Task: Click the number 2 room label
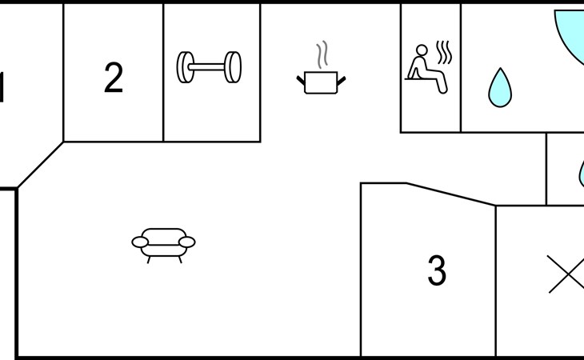(x=114, y=77)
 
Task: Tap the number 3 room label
(x=437, y=270)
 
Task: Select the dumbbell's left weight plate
(x=186, y=67)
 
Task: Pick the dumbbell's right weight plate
(x=233, y=67)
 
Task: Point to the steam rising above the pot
(x=322, y=54)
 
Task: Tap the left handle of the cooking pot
(x=301, y=81)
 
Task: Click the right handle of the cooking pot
(x=341, y=81)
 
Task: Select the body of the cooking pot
(x=321, y=82)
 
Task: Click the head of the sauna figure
(x=422, y=50)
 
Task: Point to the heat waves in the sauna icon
(x=444, y=52)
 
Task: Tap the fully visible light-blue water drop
(x=500, y=89)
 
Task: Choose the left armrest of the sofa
(x=140, y=242)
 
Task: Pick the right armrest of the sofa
(x=187, y=242)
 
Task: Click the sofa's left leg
(x=149, y=260)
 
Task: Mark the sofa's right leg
(x=180, y=260)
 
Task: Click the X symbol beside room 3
(x=567, y=274)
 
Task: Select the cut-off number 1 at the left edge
(x=2, y=87)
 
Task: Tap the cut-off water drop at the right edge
(x=582, y=174)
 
